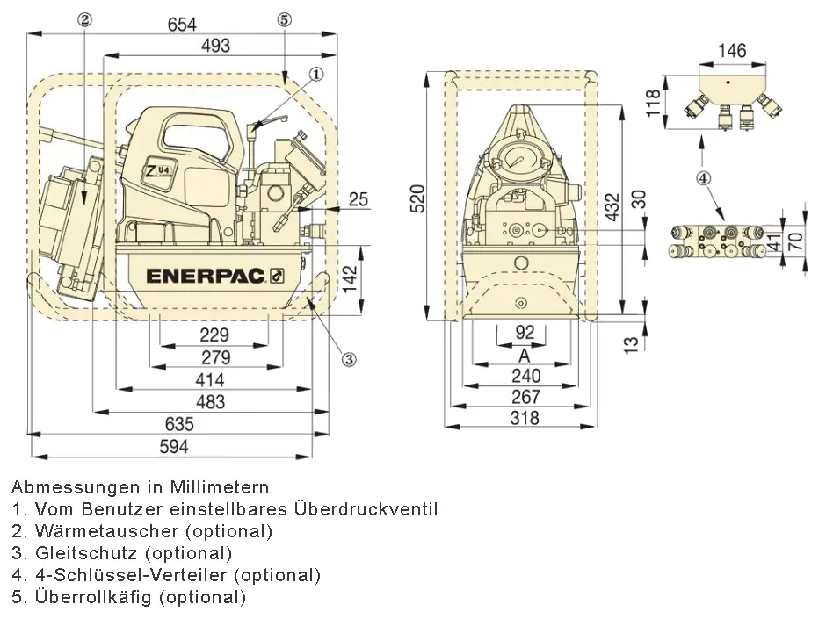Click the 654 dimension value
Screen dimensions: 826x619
click(x=182, y=25)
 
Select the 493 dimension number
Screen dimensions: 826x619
click(x=216, y=46)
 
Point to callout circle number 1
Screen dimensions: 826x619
click(x=315, y=75)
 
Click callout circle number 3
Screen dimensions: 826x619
click(x=349, y=359)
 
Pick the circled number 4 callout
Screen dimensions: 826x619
click(x=704, y=178)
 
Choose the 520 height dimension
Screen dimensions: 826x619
click(x=417, y=198)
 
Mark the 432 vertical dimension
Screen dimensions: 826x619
click(x=612, y=206)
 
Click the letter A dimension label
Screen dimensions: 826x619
click(x=524, y=356)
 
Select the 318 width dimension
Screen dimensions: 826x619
click(x=525, y=418)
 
